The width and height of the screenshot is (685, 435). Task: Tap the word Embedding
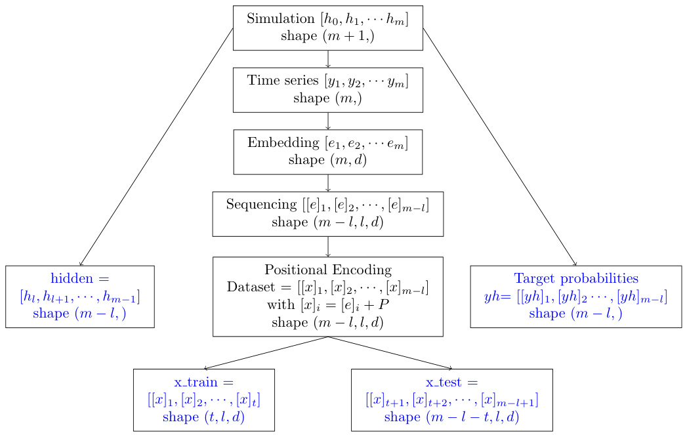tap(283, 142)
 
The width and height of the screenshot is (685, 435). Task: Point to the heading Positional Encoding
tap(327, 270)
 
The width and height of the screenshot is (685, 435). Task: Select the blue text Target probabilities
tap(576, 278)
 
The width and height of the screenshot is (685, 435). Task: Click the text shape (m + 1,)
tap(327, 36)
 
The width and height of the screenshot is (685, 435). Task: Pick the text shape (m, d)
tap(327, 159)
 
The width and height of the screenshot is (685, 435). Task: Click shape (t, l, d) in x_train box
tap(203, 417)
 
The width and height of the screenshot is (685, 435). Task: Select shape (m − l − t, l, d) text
tap(451, 417)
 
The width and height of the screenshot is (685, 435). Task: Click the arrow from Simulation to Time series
tap(327, 59)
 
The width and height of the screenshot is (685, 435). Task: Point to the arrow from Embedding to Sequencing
tap(327, 183)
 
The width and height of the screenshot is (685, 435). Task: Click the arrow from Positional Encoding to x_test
tap(390, 353)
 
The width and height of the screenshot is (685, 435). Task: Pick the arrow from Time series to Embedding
tap(327, 121)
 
